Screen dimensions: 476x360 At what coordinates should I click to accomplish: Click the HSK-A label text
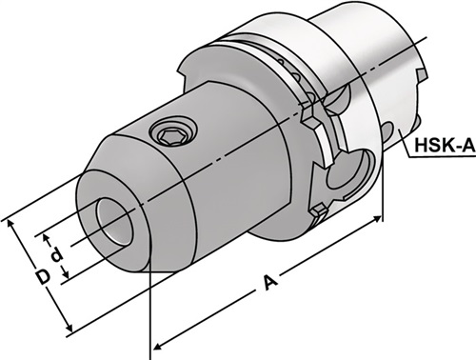tap(445, 146)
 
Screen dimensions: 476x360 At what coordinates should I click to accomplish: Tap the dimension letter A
tap(270, 283)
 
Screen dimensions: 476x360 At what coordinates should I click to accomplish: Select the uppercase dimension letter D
tap(43, 277)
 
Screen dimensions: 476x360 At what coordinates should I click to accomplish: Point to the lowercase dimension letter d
tap(57, 255)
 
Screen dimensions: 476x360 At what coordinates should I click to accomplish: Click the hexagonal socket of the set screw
tap(171, 136)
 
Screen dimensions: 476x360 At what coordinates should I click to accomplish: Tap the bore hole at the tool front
tap(114, 221)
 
